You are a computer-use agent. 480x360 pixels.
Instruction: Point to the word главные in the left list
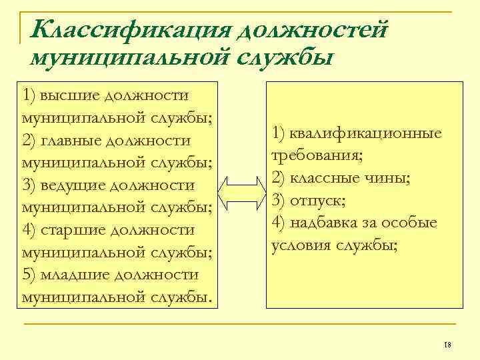(69, 141)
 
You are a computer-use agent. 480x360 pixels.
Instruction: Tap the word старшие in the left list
(71, 229)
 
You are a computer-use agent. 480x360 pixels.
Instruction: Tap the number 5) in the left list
(29, 274)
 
